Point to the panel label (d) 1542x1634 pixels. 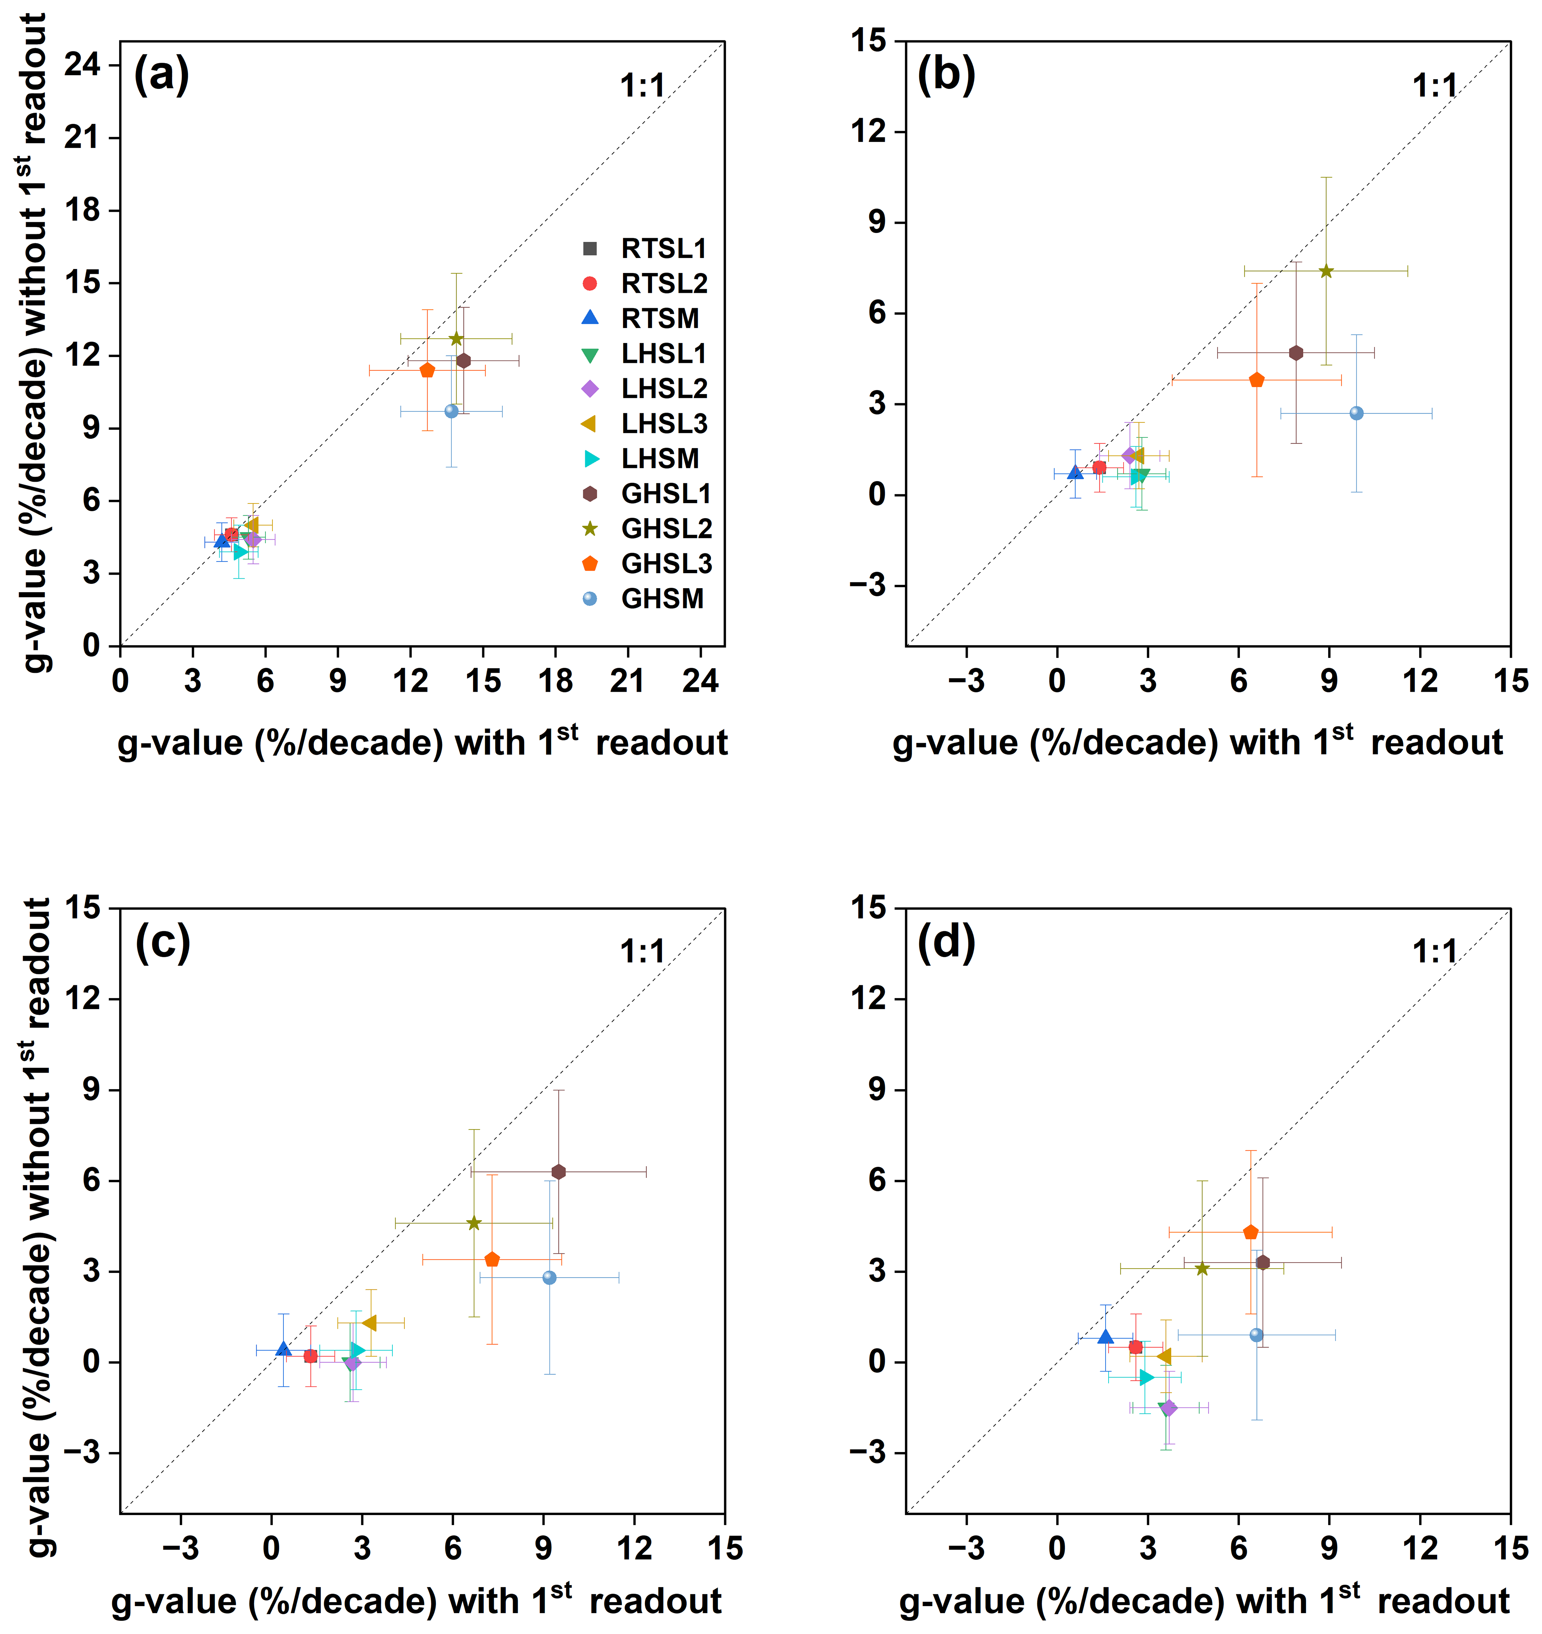[946, 942]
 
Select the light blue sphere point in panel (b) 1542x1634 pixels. [1356, 413]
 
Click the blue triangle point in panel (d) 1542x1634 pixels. [1106, 1337]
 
